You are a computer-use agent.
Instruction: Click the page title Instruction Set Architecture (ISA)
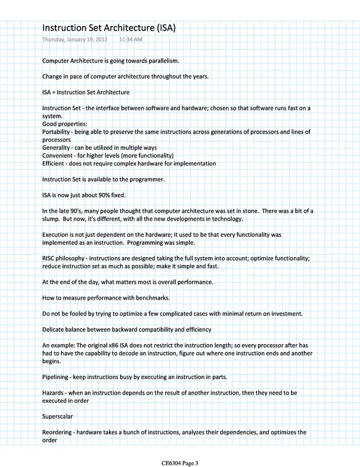click(x=110, y=28)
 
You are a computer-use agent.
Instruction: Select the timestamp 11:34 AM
click(x=130, y=40)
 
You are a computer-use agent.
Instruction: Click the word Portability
click(x=58, y=131)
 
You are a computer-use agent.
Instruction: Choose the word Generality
click(x=57, y=147)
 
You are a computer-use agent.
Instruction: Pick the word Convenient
click(x=59, y=155)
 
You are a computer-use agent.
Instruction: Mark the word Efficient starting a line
click(x=55, y=163)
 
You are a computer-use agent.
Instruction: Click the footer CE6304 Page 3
click(x=180, y=462)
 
